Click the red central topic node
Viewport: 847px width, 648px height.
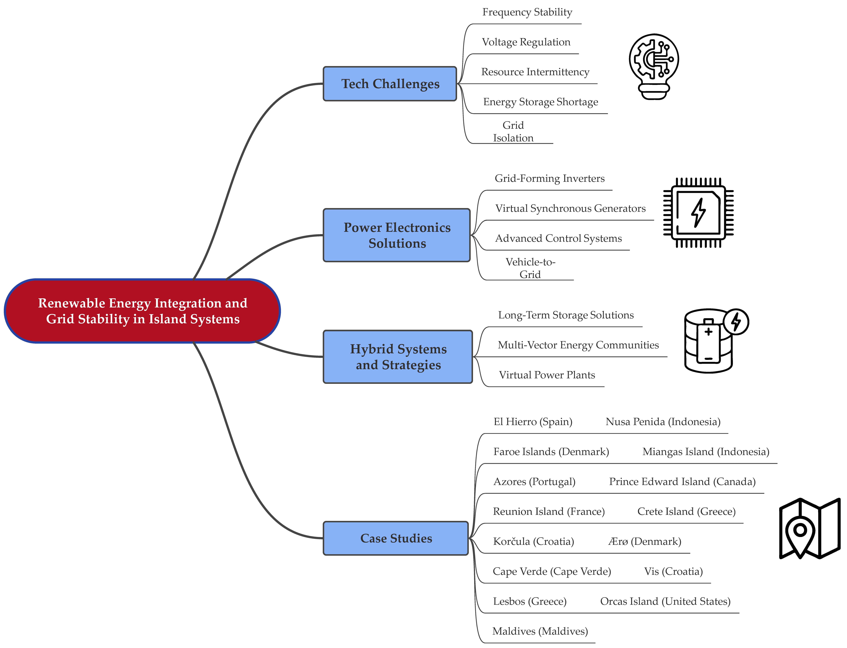coord(142,311)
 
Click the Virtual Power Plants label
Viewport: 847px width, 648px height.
coord(547,375)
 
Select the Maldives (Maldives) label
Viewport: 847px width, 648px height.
coord(540,631)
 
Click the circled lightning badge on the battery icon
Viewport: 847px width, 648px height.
coord(736,322)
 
